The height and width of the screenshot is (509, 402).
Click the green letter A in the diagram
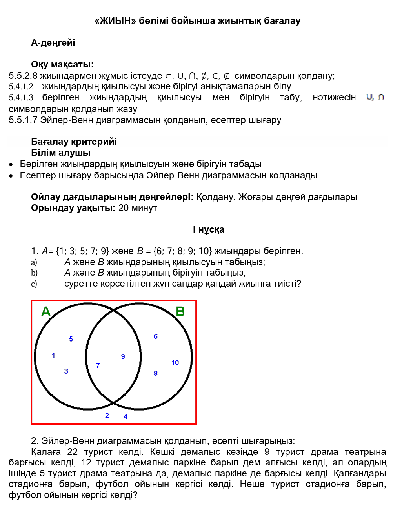point(46,311)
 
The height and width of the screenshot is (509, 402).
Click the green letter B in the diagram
point(180,311)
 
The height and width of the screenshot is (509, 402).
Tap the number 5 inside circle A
point(71,339)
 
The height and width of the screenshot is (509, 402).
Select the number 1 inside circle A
point(53,355)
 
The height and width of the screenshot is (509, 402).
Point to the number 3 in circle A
point(66,371)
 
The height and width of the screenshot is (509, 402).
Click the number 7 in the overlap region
point(98,365)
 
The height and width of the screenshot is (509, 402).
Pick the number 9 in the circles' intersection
point(123,356)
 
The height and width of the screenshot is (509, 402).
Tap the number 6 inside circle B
point(156,336)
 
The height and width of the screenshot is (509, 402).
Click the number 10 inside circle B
point(175,363)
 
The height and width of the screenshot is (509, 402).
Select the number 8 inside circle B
point(156,373)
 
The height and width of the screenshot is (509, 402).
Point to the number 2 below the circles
point(107,415)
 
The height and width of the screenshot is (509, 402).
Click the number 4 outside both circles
point(126,416)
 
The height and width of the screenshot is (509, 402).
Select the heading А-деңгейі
point(53,43)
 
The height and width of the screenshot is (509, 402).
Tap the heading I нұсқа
point(208,229)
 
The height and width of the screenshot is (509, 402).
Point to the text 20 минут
point(138,208)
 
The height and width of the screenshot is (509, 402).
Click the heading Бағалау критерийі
point(74,142)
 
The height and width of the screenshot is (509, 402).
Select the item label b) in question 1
point(34,273)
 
